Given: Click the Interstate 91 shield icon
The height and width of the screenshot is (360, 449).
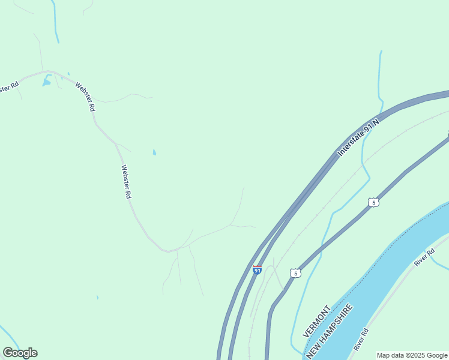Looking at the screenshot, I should [x=257, y=269].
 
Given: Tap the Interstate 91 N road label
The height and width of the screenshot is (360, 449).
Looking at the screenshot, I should [x=360, y=137].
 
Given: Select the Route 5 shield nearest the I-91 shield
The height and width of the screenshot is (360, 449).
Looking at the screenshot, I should [x=294, y=274].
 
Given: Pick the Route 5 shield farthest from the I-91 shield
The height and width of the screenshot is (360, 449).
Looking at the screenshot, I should [x=373, y=203].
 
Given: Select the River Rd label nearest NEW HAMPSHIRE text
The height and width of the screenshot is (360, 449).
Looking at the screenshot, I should [x=360, y=340].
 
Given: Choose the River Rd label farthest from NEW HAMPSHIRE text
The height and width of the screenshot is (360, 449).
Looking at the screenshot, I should [x=424, y=256].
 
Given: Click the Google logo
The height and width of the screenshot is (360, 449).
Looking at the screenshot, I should [x=20, y=353].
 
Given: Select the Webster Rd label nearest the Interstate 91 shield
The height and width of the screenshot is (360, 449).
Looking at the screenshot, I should [x=126, y=182].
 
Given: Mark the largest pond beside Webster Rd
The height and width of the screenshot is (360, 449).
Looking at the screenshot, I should [x=46, y=82].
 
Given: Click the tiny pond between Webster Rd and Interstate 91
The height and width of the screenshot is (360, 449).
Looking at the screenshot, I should [x=154, y=152].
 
